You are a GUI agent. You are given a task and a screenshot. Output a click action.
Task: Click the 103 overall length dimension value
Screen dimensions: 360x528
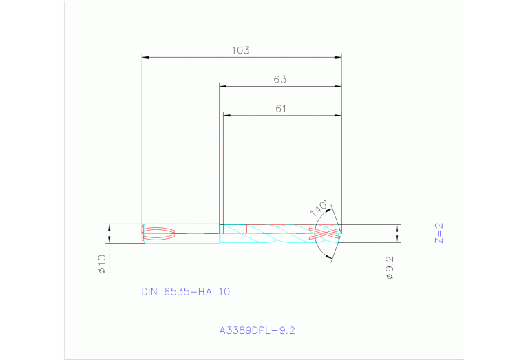click(240, 50)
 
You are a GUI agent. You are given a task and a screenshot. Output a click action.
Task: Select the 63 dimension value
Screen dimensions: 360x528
click(279, 79)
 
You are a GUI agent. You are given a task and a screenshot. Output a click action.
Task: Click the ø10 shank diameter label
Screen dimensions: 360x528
click(101, 264)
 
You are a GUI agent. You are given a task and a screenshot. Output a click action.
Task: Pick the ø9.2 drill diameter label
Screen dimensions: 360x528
click(389, 268)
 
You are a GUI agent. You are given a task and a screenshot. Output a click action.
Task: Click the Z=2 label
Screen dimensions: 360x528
click(439, 233)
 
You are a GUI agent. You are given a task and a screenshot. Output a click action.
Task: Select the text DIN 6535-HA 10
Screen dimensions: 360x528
click(185, 291)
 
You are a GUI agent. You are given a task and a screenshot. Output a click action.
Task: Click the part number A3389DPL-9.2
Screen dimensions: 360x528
click(257, 330)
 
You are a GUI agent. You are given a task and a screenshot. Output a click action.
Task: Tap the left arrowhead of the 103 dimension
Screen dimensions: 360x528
click(145, 57)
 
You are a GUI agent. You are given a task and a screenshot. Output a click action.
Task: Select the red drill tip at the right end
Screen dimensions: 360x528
click(327, 233)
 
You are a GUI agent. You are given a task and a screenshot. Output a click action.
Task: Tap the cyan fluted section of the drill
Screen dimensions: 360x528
click(275, 233)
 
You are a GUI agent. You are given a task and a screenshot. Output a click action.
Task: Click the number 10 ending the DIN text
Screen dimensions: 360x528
click(224, 291)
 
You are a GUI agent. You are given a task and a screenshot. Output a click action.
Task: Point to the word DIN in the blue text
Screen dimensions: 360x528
click(149, 291)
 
